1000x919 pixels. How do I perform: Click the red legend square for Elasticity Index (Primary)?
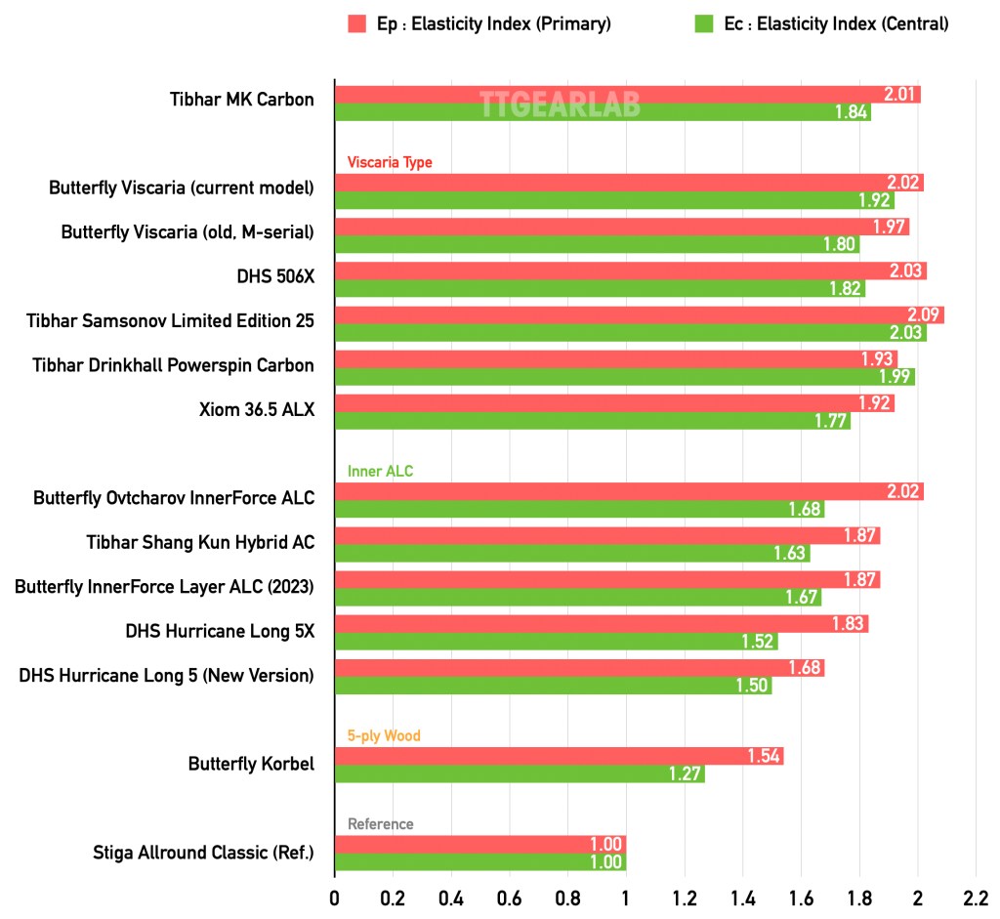click(x=356, y=23)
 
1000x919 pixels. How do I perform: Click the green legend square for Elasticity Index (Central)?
click(x=704, y=23)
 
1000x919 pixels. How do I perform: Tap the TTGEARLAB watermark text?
click(x=559, y=104)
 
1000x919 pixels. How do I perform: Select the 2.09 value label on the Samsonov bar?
click(x=923, y=314)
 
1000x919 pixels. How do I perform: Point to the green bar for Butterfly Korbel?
click(x=520, y=774)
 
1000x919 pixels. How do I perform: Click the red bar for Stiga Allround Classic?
click(x=479, y=845)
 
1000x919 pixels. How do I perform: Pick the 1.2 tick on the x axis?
click(x=685, y=896)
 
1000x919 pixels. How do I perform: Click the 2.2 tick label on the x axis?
click(x=976, y=896)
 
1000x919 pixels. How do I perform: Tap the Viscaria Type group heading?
click(x=390, y=162)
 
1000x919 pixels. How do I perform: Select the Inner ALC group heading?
click(x=380, y=471)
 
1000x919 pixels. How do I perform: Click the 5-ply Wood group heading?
click(x=384, y=735)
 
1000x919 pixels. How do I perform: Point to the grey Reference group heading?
click(x=380, y=824)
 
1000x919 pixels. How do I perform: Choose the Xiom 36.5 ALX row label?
click(x=256, y=410)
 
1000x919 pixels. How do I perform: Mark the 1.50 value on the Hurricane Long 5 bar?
click(x=753, y=687)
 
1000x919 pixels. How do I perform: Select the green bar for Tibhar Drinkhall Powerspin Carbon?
click(x=625, y=376)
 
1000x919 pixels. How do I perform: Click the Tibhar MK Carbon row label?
click(x=241, y=100)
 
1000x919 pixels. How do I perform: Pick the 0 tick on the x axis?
click(x=334, y=896)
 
